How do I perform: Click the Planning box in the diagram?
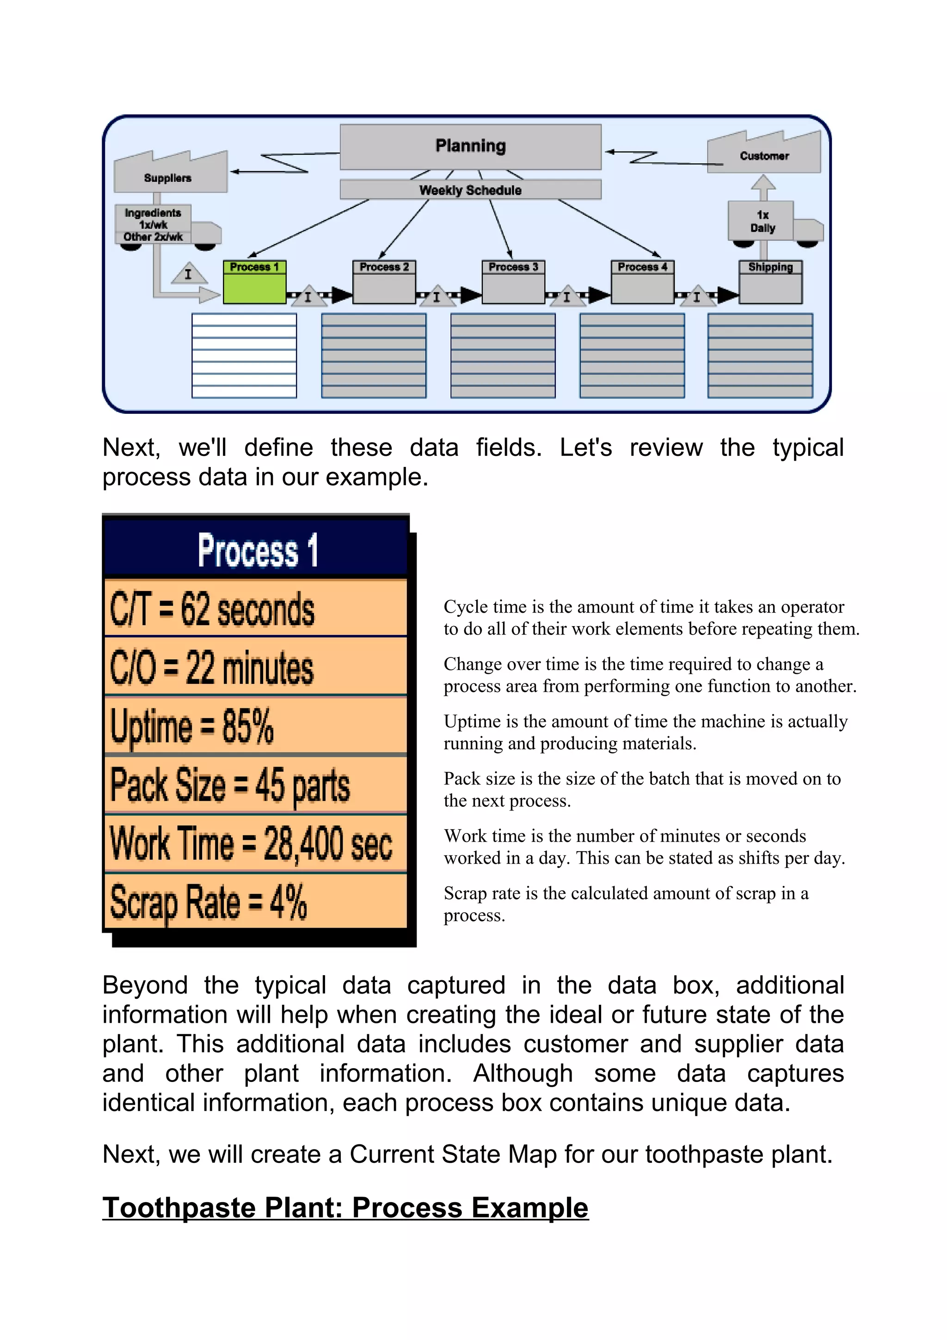(470, 146)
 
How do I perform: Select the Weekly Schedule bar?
(470, 190)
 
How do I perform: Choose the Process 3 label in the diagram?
(513, 267)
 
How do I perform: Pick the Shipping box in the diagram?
(770, 283)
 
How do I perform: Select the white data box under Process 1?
(244, 356)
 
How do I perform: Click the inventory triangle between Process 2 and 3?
(437, 296)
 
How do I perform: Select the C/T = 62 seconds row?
(256, 608)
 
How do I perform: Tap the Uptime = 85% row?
(256, 725)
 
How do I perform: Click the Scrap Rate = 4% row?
(256, 902)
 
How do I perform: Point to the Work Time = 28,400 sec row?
(256, 844)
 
